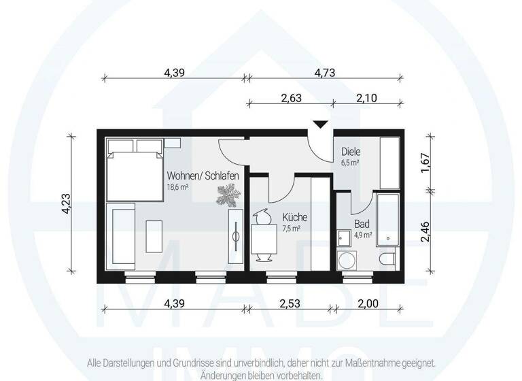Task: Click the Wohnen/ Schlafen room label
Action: tap(203, 176)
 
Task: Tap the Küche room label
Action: tap(294, 218)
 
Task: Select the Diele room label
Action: tap(351, 152)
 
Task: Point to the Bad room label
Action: tap(362, 223)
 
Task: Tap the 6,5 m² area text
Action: tap(350, 163)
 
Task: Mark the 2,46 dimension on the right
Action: tap(426, 233)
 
